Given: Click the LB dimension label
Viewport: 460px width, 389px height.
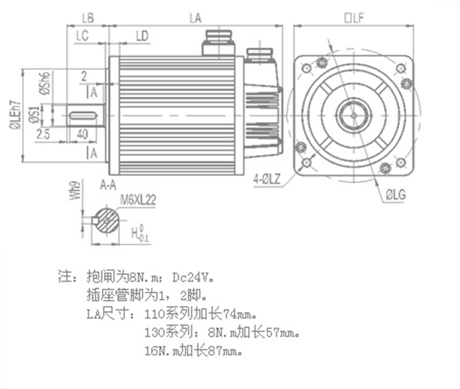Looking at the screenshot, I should [x=88, y=18].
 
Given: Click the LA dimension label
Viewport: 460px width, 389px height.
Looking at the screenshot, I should [x=195, y=18].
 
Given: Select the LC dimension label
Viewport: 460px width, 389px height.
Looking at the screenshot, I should [x=83, y=36].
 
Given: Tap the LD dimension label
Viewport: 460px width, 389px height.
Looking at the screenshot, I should [x=142, y=36].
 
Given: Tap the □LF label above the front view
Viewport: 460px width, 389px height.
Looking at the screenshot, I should [x=354, y=18].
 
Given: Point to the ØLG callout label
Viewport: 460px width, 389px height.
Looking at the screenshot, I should [x=396, y=194].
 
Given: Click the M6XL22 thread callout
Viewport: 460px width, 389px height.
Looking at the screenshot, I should [x=138, y=200].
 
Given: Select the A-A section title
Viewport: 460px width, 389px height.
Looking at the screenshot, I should [x=108, y=185].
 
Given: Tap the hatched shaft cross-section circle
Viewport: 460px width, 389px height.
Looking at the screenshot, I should [x=108, y=221].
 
